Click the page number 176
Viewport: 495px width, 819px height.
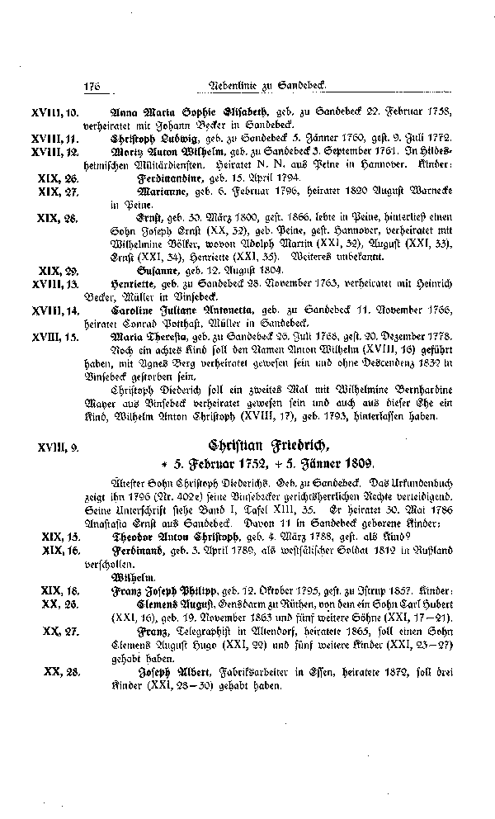91,87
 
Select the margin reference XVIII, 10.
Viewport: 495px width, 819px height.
54,111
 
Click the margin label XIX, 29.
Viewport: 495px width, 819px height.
59,270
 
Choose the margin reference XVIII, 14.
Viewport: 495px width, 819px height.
54,312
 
